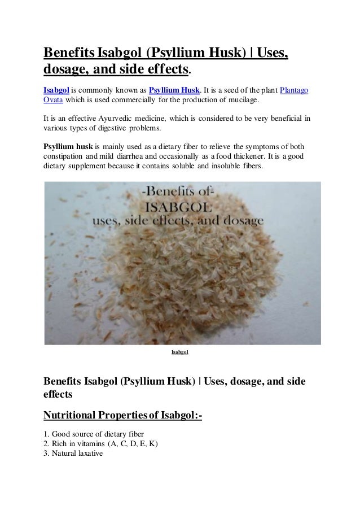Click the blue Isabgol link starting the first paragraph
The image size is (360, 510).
tap(56, 90)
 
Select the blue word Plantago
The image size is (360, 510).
tap(294, 90)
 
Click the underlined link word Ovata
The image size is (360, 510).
tap(54, 100)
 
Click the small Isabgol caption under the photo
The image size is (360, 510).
tap(179, 352)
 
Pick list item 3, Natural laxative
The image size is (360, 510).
tap(73, 453)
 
